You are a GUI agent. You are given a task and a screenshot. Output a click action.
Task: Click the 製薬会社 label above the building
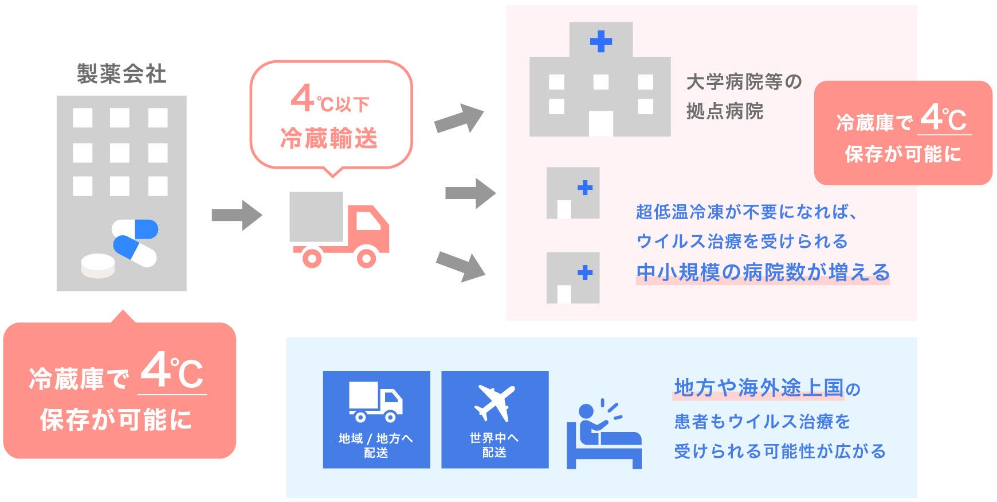[121, 74]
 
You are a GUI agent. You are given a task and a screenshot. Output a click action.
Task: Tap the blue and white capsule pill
[135, 242]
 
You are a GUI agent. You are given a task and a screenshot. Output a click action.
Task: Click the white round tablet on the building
[98, 265]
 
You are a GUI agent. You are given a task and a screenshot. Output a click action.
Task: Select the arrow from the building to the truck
[237, 216]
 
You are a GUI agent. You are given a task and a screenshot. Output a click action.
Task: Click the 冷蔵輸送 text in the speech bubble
[329, 139]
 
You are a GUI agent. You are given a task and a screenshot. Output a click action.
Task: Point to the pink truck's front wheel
[367, 258]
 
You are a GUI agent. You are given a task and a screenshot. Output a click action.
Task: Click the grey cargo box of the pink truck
[316, 217]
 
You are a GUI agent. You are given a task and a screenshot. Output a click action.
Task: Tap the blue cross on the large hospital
[600, 41]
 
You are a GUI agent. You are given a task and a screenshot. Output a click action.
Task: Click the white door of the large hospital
[600, 123]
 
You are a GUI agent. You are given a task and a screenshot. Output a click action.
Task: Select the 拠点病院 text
[725, 111]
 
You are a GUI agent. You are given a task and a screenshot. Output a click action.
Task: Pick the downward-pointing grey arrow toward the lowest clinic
[461, 266]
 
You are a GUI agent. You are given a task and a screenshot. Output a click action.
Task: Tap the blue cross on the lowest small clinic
[585, 273]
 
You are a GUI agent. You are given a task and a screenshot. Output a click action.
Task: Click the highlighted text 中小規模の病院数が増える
[763, 273]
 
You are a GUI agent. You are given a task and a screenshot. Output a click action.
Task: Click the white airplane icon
[494, 403]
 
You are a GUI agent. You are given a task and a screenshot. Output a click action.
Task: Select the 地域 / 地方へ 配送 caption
[376, 445]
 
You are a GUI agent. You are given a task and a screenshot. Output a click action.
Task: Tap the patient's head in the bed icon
[586, 411]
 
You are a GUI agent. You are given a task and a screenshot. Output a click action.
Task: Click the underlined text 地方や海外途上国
[759, 388]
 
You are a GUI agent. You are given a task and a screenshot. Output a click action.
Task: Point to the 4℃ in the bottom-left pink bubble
[172, 372]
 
